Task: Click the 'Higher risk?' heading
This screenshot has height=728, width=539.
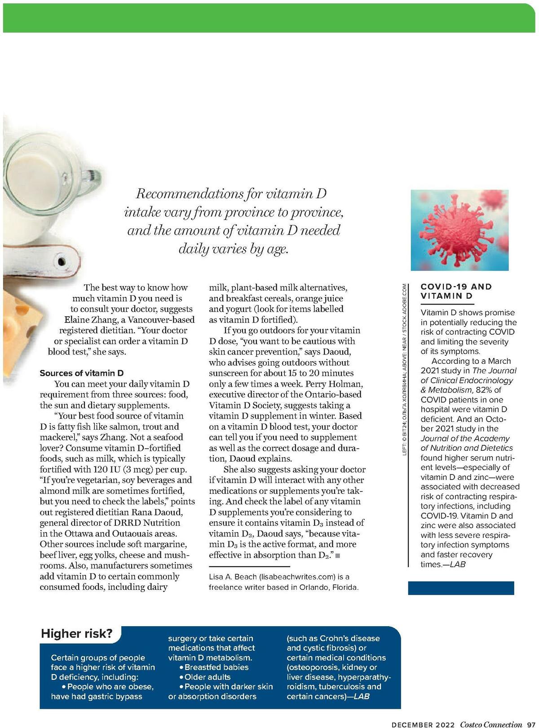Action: (77, 633)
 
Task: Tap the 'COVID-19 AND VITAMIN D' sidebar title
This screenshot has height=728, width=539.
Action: (456, 291)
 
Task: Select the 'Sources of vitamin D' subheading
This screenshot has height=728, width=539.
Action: (82, 373)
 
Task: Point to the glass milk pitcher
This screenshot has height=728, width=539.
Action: (36, 188)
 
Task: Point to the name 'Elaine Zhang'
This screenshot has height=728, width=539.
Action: (90, 320)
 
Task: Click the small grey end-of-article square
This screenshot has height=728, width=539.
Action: (338, 556)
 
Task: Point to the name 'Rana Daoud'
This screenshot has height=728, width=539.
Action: (157, 512)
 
